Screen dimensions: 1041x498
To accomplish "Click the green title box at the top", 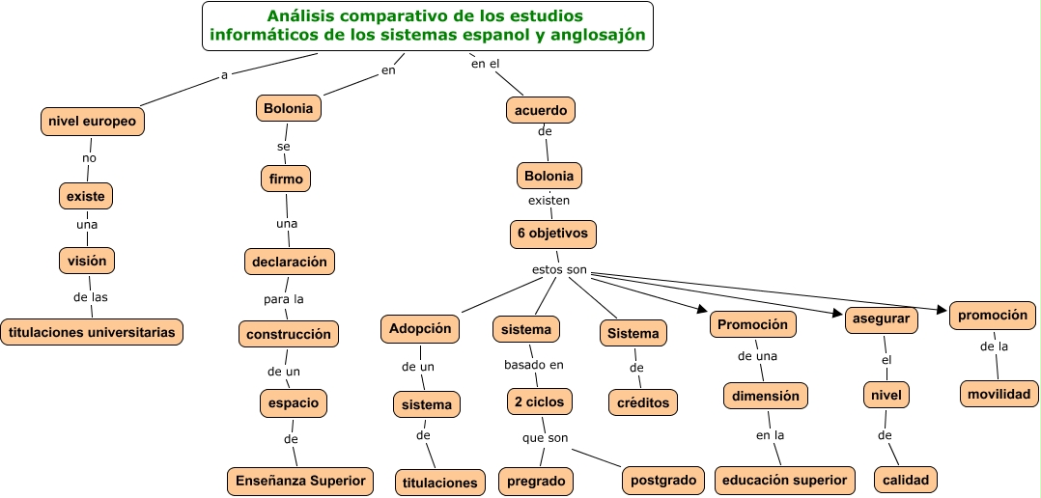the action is pos(428,27).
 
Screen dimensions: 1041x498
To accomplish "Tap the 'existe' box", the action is pos(86,196).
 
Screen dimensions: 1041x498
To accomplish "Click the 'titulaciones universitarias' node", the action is pos(92,332).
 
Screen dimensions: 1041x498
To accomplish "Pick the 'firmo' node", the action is pos(286,179).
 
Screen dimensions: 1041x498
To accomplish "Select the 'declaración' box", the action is pos(289,261).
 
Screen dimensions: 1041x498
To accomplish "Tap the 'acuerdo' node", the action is pos(541,110).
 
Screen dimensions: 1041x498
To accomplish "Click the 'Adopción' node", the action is pos(420,328).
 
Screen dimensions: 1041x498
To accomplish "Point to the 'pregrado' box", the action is pos(536,480).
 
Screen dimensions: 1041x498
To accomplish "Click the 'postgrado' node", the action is pos(663,479).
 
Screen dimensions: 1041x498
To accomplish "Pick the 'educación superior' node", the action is pos(785,480).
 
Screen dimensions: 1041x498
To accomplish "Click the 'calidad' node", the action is pos(906,480).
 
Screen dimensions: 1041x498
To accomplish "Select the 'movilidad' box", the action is pos(999,393).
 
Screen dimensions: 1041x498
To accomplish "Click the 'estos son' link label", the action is pos(559,269).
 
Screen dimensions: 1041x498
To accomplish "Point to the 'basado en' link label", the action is pos(533,365).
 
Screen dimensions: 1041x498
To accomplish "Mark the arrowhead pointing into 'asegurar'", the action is pos(838,313).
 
